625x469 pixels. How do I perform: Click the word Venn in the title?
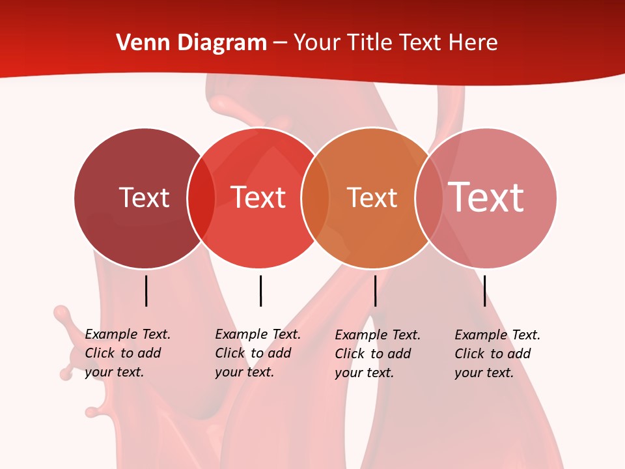point(138,43)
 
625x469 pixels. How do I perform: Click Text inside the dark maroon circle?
point(144,197)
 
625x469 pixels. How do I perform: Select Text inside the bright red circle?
point(258,197)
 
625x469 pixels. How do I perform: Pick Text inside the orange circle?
point(372,197)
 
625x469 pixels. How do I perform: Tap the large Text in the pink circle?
point(486,197)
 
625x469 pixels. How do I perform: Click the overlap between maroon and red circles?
point(201,198)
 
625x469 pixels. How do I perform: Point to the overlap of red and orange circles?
point(315,198)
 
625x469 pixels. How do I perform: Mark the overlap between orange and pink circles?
point(429,198)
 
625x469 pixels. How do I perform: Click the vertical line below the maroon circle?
point(146,291)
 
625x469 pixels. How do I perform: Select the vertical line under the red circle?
point(260,291)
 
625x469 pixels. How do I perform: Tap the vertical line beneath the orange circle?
point(375,291)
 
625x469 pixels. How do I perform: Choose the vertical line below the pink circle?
point(484,291)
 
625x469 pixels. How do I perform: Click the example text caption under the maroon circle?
point(127,353)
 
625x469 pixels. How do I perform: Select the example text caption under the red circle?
point(257,353)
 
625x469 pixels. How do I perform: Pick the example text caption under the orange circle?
point(377,354)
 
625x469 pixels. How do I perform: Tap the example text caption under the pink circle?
point(497,354)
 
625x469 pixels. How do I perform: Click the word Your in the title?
point(317,43)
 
